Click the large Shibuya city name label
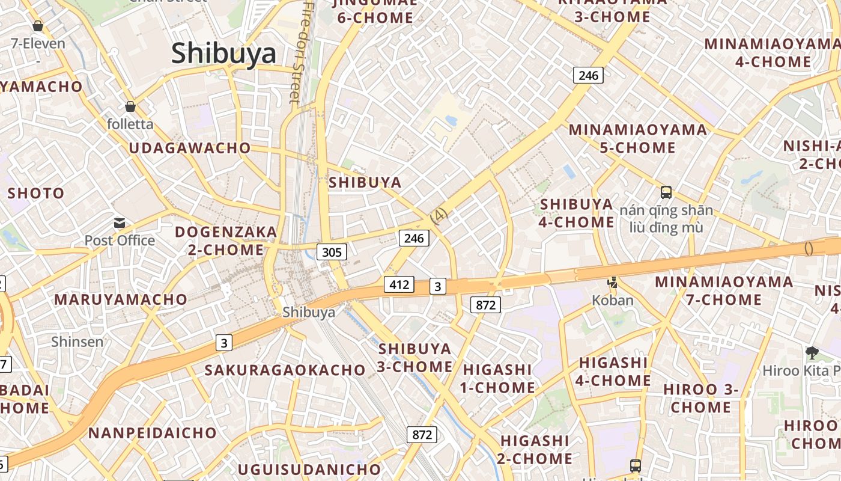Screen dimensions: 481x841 tap(223, 54)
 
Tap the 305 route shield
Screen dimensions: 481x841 tap(332, 252)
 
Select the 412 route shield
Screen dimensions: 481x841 tap(399, 284)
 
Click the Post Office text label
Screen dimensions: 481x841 tap(120, 240)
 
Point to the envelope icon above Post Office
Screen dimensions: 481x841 tap(120, 224)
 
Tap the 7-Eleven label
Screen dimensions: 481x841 tap(38, 44)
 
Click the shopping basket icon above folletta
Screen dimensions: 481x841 tap(130, 107)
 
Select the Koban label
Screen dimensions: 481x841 tap(613, 300)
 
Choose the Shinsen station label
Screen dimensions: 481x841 tap(77, 342)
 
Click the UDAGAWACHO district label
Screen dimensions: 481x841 tap(190, 148)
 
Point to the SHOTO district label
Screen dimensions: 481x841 tap(35, 194)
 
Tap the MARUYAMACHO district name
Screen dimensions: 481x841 tap(121, 299)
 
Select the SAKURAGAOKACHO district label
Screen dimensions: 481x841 tap(285, 370)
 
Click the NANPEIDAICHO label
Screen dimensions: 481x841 tap(153, 433)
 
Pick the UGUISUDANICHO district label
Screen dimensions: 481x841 tap(309, 469)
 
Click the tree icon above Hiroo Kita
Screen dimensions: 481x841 tap(812, 353)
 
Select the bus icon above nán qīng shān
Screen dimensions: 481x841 tap(666, 193)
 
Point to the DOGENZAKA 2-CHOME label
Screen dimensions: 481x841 tap(226, 240)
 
